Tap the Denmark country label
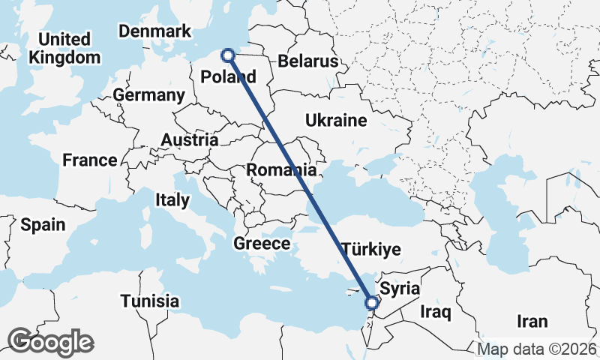click(x=155, y=31)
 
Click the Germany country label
click(x=149, y=95)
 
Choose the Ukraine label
click(x=336, y=120)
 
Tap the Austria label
click(x=190, y=140)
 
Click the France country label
click(x=90, y=160)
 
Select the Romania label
click(x=282, y=169)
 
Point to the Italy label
click(x=172, y=200)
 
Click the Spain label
click(x=43, y=224)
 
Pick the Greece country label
click(x=261, y=244)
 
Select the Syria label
click(x=400, y=288)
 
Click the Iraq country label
click(x=435, y=310)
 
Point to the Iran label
click(x=532, y=321)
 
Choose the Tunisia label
click(x=150, y=301)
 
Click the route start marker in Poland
click(x=229, y=55)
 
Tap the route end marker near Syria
click(x=371, y=303)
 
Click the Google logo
click(x=50, y=342)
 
